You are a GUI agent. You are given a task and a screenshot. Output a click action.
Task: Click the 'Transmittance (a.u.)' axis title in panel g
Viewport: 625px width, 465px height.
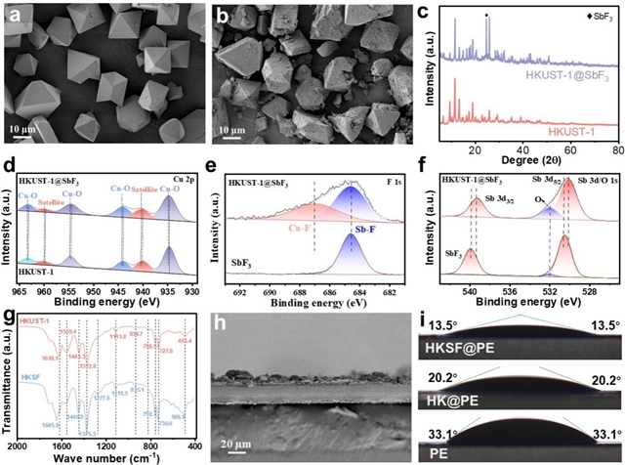[x=8, y=381]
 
